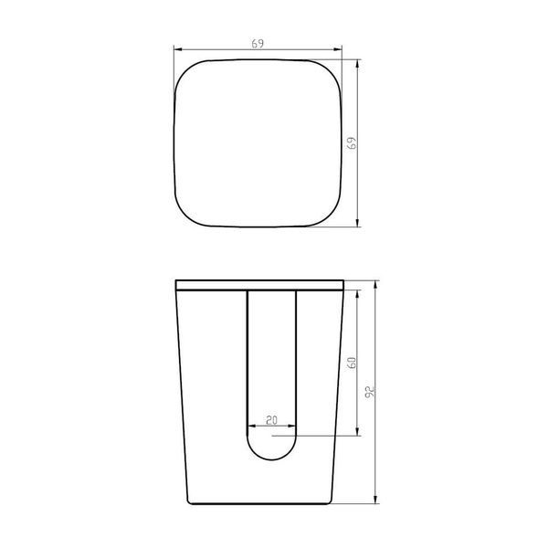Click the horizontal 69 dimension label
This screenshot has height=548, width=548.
(x=258, y=44)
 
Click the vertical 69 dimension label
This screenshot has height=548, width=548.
(x=353, y=143)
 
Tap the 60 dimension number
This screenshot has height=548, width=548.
(x=353, y=363)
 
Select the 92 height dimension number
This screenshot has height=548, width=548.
(x=370, y=391)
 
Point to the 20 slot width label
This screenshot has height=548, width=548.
(x=271, y=420)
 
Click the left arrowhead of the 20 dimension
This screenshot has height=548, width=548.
(x=252, y=426)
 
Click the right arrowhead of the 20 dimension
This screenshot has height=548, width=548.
(x=291, y=426)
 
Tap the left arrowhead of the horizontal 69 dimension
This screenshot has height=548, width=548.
(x=179, y=49)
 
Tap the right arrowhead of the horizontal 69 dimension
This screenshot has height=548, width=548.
(x=337, y=49)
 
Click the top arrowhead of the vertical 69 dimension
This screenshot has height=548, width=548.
(x=357, y=64)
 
